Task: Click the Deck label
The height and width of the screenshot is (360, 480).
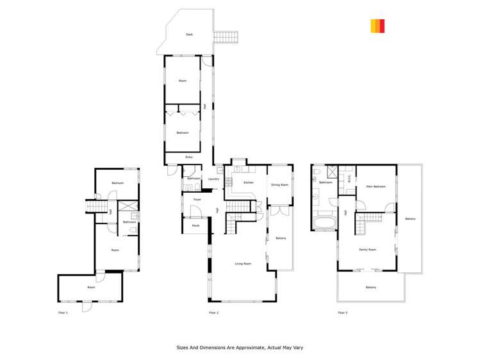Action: click(x=189, y=35)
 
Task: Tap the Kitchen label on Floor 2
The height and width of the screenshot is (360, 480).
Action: click(x=248, y=183)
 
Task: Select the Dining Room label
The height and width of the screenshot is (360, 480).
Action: click(x=280, y=184)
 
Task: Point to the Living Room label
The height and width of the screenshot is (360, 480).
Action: click(x=243, y=263)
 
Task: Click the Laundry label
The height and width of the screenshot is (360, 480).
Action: click(x=214, y=179)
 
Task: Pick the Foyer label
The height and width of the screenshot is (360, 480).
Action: click(x=197, y=200)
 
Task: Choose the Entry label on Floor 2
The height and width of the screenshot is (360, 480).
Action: click(x=189, y=157)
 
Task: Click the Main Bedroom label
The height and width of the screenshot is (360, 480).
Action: click(x=376, y=186)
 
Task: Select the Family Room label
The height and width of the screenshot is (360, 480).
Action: click(x=367, y=249)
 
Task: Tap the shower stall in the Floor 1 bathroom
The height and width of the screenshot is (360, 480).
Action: click(x=128, y=207)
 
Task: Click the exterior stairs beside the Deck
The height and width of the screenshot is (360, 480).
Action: click(x=225, y=37)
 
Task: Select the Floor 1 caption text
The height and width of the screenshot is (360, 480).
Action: click(x=63, y=313)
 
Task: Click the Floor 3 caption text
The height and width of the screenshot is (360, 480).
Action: click(x=342, y=313)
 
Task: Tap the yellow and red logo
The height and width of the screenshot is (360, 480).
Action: click(x=377, y=26)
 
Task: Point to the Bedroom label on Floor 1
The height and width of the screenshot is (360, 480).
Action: click(x=117, y=183)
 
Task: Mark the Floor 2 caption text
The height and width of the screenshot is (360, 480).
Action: click(x=214, y=313)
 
